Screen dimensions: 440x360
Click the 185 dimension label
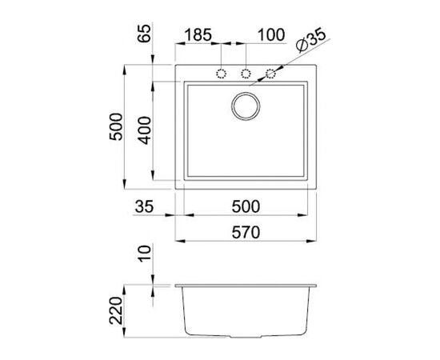coord(198,35)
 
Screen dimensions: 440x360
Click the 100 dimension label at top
coord(271,35)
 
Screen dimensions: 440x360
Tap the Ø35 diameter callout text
coord(311,40)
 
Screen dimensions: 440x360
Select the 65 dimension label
coord(145,34)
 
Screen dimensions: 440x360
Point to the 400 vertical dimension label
coord(145,130)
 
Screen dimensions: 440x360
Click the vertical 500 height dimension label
coord(116,126)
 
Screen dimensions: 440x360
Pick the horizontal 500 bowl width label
coord(246,206)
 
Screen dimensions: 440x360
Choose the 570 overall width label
coord(246,233)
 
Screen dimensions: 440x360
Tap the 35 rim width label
coord(144,206)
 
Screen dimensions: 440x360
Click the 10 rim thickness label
coord(145,254)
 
